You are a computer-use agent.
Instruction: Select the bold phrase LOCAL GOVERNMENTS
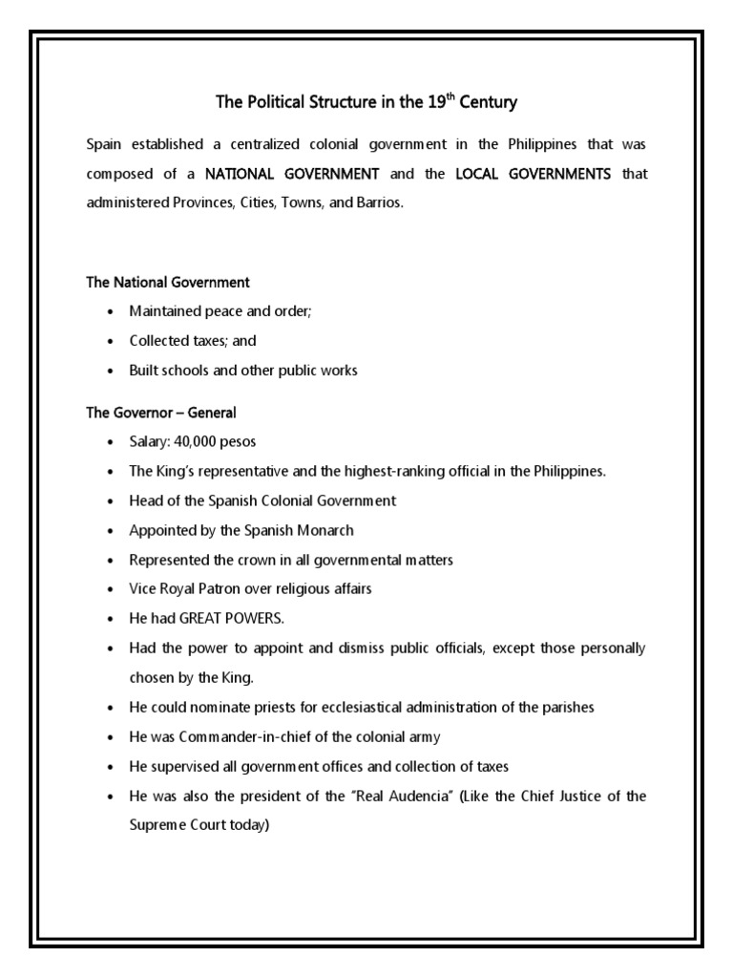pos(535,174)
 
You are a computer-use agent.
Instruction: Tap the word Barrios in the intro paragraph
pos(380,204)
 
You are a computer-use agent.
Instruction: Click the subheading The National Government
pos(168,282)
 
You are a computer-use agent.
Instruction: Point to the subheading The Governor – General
pos(161,413)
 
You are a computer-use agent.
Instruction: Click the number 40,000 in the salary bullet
pos(199,442)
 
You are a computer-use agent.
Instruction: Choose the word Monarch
pos(324,530)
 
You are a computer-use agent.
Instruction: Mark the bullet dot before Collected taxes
pos(112,341)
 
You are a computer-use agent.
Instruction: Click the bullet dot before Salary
pos(112,443)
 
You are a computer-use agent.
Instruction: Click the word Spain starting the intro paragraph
pos(104,144)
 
